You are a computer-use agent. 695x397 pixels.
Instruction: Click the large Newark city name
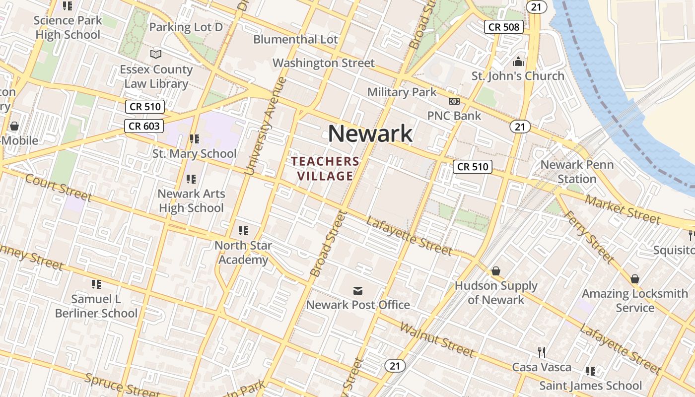pos(370,133)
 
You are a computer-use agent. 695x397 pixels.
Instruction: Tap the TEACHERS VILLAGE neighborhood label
pos(325,169)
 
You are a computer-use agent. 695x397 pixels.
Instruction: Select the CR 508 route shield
pos(504,27)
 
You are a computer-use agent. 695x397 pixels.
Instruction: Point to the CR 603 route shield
pos(144,126)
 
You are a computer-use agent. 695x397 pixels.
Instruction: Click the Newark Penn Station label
pos(577,172)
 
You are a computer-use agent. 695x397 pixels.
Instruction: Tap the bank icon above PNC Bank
pos(454,101)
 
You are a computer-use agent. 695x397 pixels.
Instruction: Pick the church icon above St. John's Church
pos(518,62)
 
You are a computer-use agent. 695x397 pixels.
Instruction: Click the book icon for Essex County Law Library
pos(156,54)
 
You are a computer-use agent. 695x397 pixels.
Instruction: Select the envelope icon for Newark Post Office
pos(357,290)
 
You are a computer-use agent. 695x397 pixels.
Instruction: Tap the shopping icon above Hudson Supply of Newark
pos(495,271)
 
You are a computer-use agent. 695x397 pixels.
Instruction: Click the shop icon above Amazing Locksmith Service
pos(634,279)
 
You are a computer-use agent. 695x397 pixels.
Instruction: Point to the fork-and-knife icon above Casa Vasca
pos(542,352)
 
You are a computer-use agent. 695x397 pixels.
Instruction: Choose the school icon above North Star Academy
pos(243,230)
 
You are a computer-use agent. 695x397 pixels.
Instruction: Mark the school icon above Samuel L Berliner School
pos(96,284)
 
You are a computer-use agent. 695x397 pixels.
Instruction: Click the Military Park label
pos(402,92)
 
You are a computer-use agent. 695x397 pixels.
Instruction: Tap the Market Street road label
pos(623,209)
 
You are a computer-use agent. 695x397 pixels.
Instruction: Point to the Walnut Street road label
pos(436,340)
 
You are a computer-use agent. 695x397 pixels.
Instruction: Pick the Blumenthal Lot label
pos(295,39)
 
